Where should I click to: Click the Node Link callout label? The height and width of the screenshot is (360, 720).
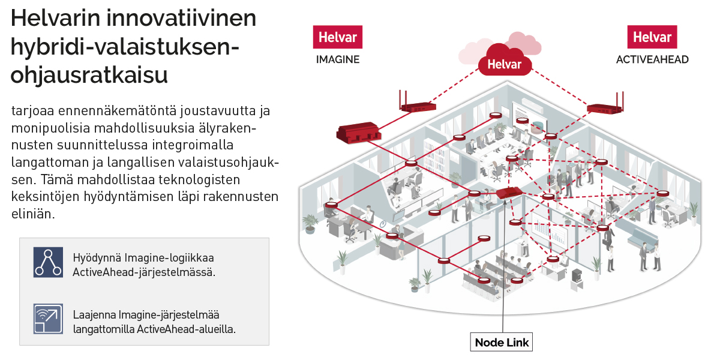pyautogui.click(x=501, y=342)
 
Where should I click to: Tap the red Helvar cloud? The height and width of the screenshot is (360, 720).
pyautogui.click(x=504, y=63)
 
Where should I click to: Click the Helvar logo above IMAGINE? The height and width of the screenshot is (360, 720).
pyautogui.click(x=337, y=37)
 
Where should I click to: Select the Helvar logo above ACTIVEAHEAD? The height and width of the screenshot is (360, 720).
pyautogui.click(x=652, y=37)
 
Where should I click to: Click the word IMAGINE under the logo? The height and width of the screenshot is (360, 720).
pyautogui.click(x=337, y=59)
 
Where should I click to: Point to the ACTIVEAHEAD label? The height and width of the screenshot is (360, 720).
pyautogui.click(x=652, y=59)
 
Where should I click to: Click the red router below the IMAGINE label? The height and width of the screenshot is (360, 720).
pyautogui.click(x=418, y=107)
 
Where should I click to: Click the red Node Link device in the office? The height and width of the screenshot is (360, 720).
pyautogui.click(x=508, y=193)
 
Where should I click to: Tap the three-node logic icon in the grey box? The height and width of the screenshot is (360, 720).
pyautogui.click(x=48, y=262)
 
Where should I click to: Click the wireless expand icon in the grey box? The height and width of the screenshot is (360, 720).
pyautogui.click(x=48, y=319)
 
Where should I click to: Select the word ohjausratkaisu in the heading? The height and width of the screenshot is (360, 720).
pyautogui.click(x=89, y=76)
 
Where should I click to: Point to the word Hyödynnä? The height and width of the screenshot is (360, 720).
pyautogui.click(x=97, y=258)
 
